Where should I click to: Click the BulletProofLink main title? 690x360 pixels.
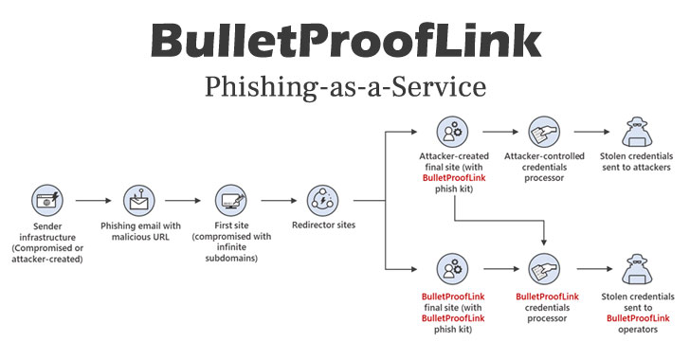point(345,42)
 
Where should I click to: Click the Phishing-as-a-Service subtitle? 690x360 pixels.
point(345,87)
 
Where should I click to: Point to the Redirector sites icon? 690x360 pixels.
point(322,200)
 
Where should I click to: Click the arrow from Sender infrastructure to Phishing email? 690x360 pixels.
point(93,201)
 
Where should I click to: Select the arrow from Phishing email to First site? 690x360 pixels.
point(185,201)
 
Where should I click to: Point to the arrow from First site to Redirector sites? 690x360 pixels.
point(277,201)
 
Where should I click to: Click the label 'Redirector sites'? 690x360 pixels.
point(322,231)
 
